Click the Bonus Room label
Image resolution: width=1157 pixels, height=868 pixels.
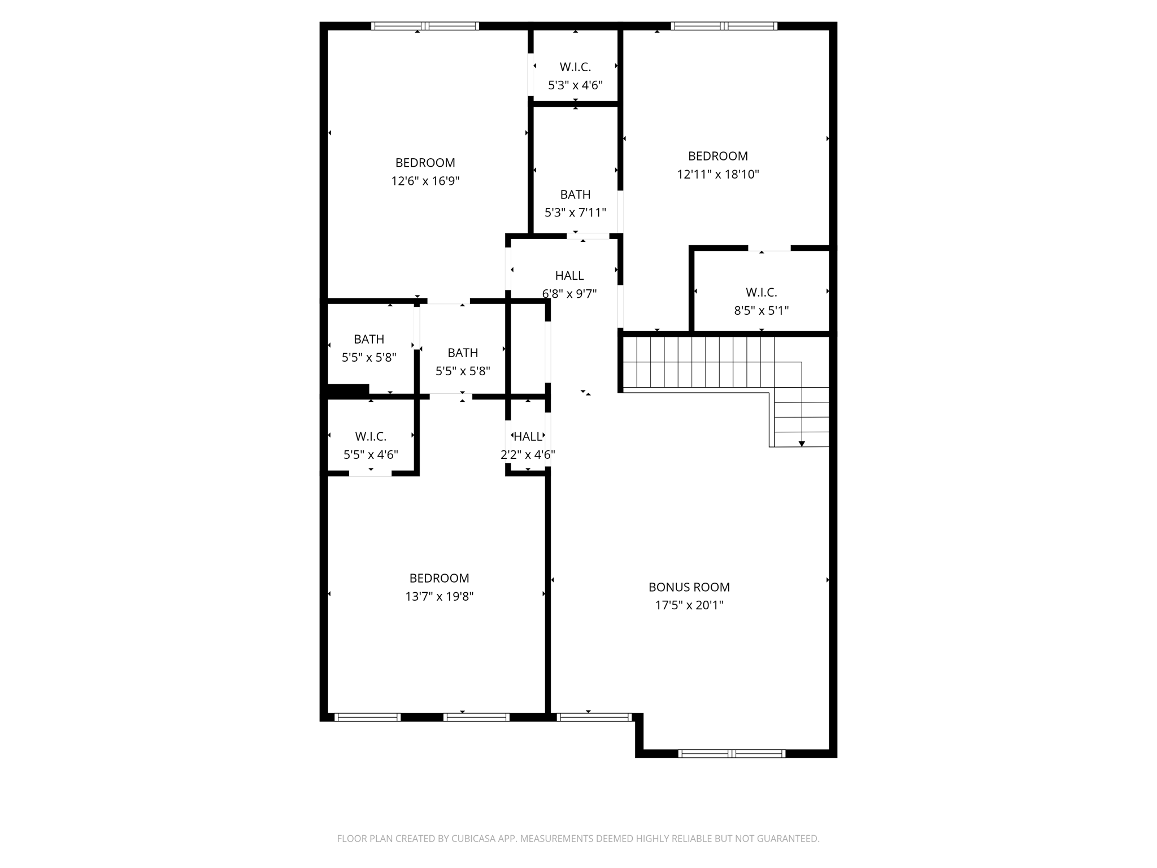point(689,587)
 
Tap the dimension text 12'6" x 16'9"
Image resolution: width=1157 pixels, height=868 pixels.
point(425,181)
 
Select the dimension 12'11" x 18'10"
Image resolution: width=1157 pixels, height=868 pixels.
point(717,175)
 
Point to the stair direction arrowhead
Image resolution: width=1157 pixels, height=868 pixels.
point(802,444)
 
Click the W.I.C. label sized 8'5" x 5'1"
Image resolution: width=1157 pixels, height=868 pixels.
point(761,293)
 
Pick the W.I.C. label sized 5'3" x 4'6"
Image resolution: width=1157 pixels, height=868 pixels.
point(575,67)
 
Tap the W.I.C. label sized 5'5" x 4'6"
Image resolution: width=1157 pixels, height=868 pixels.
point(371,437)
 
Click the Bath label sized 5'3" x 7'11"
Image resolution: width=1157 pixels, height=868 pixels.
point(575,195)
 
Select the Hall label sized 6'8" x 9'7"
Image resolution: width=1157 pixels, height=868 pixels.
point(569,276)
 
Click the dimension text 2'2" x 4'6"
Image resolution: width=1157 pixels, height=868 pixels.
point(528,455)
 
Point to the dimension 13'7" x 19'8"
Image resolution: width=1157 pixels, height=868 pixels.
point(439,597)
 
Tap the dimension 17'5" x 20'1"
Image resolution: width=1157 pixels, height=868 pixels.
point(689,606)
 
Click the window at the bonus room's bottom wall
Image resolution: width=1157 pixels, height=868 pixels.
point(732,753)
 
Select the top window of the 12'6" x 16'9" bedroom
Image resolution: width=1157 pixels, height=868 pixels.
point(425,26)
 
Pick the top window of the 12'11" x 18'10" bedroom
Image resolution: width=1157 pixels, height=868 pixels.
point(724,26)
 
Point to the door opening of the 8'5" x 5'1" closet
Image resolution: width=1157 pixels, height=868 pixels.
point(769,248)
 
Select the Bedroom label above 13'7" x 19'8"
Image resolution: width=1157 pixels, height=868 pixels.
point(439,578)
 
